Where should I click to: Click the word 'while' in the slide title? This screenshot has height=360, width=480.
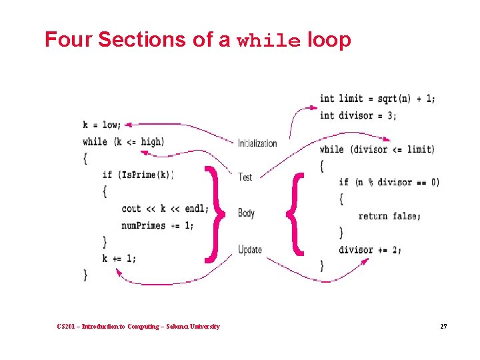[x=269, y=41]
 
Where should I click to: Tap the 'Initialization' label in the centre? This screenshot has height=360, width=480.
[x=257, y=143]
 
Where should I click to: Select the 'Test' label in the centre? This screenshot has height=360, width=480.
[x=245, y=177]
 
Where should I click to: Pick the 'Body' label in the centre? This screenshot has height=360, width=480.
[x=246, y=213]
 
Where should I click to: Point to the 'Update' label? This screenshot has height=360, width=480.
[x=250, y=249]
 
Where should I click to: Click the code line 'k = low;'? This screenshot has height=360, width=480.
[x=102, y=125]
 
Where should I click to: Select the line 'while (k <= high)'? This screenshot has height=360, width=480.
[x=123, y=141]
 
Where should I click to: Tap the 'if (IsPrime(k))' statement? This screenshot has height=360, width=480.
[x=137, y=175]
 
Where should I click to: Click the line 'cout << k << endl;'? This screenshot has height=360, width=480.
[x=165, y=208]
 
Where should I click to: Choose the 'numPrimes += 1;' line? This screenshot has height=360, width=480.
[x=158, y=225]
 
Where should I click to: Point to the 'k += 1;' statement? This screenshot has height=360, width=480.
[x=119, y=258]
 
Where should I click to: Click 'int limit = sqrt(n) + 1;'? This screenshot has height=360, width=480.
[x=377, y=99]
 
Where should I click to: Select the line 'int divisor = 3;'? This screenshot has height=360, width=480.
[x=358, y=115]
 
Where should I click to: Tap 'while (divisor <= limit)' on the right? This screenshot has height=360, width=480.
[x=377, y=149]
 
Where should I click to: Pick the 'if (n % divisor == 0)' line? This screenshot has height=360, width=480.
[x=389, y=182]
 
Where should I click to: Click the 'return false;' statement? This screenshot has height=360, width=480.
[x=389, y=215]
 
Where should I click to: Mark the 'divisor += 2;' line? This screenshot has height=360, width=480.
[x=370, y=249]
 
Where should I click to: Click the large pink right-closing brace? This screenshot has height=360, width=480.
[x=212, y=213]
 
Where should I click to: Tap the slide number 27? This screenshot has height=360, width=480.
[x=443, y=326]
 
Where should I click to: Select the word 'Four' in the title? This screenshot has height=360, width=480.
[x=68, y=40]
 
